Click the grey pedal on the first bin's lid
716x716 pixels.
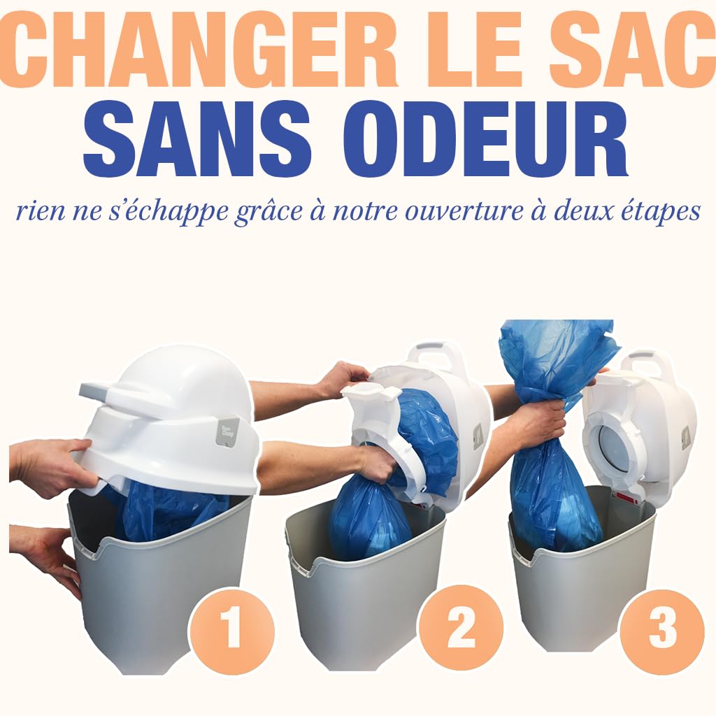(97, 389)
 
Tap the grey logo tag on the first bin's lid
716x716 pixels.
(229, 431)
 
